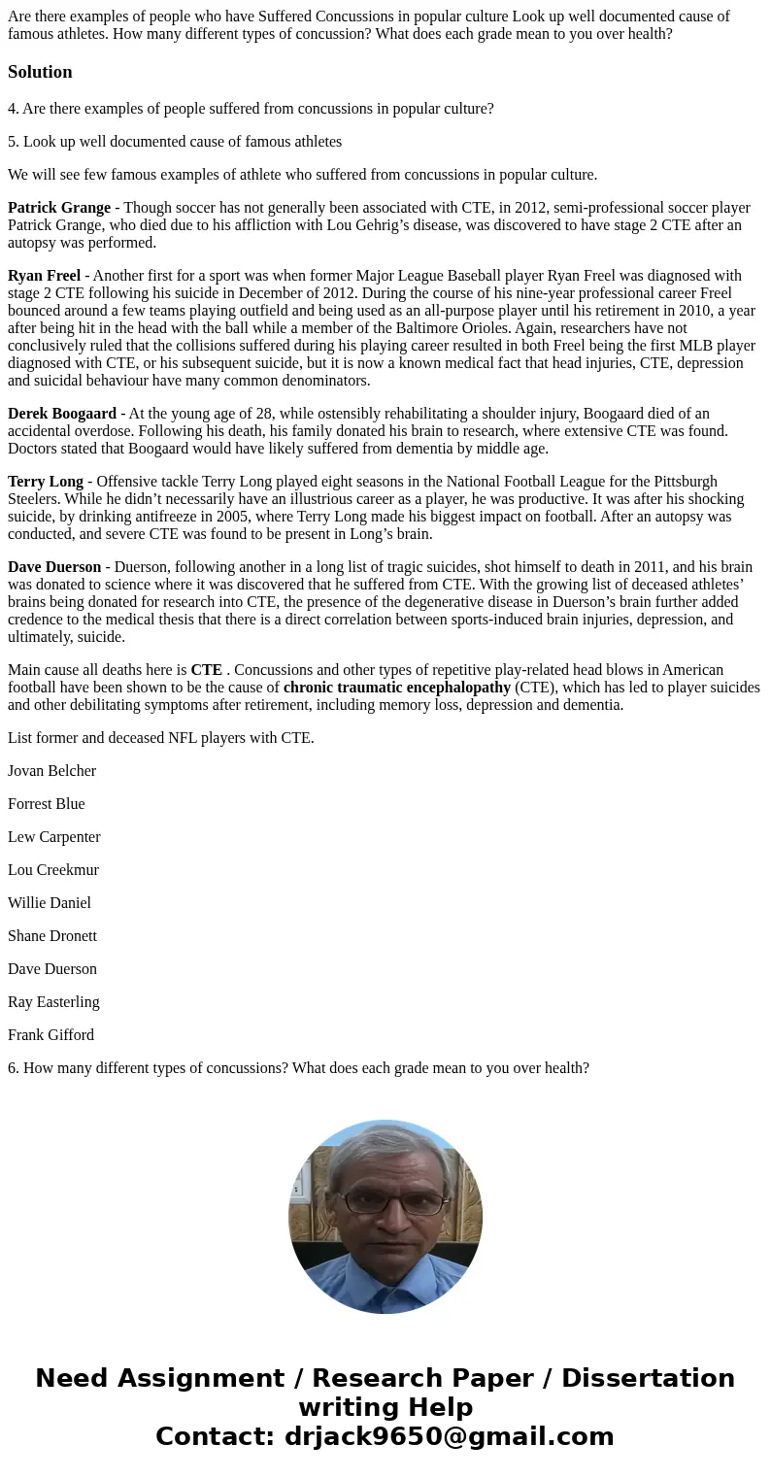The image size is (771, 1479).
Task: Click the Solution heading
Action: [40, 72]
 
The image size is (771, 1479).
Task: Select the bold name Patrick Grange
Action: [58, 208]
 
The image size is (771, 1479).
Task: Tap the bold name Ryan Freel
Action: [44, 276]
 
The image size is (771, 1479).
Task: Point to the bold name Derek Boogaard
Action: [61, 414]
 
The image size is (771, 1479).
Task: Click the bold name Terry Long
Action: [46, 482]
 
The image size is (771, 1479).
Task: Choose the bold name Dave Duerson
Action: [54, 567]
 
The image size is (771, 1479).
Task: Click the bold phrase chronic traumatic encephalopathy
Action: [396, 688]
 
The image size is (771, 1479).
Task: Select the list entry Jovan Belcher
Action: [51, 771]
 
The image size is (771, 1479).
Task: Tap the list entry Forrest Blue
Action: [46, 804]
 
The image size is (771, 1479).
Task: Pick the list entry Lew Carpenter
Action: [53, 837]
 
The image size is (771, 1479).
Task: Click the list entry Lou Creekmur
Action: [52, 870]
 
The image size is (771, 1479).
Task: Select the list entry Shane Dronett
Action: [51, 936]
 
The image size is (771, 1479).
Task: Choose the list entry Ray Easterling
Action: [53, 1002]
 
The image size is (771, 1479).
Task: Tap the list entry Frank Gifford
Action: [50, 1035]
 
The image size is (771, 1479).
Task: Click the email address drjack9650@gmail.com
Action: [449, 1437]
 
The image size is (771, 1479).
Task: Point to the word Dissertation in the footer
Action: [648, 1379]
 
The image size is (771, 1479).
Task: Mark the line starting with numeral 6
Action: [298, 1068]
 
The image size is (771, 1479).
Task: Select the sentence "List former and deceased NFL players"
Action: [160, 738]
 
